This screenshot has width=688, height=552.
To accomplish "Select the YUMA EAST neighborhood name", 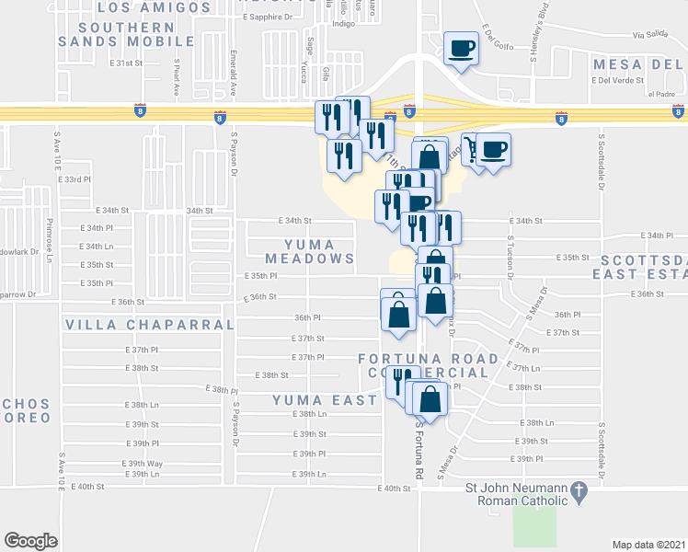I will coord(325,400).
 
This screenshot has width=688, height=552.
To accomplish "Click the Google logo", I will coord(30,540).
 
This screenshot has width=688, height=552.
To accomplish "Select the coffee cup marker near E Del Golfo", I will coord(461,50).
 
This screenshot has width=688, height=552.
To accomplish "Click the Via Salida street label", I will coord(651,35).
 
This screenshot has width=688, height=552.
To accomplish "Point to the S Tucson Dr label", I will coord(510,259).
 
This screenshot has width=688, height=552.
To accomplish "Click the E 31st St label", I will coord(127,63).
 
